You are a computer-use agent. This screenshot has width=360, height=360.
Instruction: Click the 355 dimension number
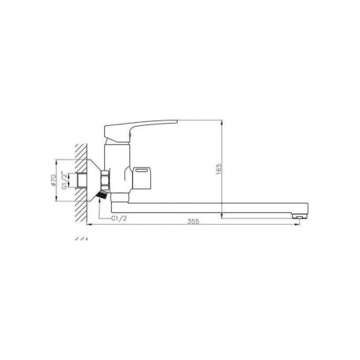coord(193,221)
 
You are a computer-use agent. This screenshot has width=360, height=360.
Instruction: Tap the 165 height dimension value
coord(218,169)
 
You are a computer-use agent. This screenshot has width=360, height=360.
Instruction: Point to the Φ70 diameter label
coord(53,180)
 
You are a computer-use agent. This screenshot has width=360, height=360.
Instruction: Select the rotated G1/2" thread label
coord(63,180)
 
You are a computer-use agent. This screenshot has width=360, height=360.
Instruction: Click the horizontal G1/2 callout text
coord(119,218)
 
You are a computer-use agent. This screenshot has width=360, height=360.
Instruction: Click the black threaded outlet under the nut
coord(103,195)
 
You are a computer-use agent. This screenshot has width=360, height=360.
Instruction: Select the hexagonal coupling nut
coord(106,180)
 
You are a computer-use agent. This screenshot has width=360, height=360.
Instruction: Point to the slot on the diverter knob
coord(142,171)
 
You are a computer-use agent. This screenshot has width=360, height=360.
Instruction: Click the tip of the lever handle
coord(177,121)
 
